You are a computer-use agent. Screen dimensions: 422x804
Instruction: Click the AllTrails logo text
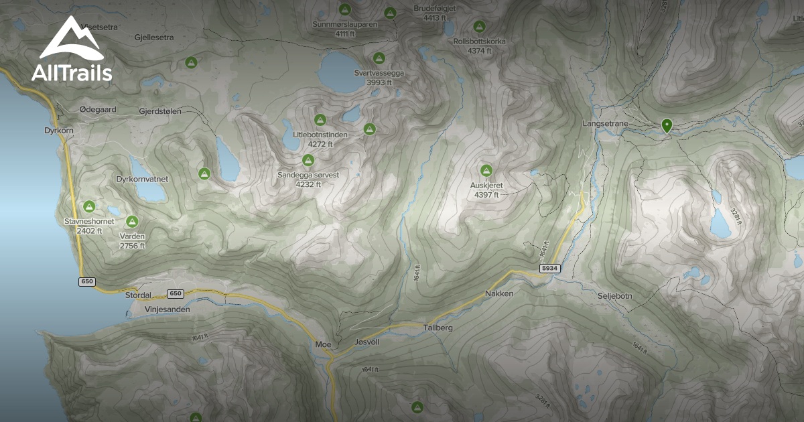tap(72, 72)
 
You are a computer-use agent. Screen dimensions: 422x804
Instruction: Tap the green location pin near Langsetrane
tap(667, 125)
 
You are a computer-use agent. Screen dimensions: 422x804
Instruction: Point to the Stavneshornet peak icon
tap(88, 207)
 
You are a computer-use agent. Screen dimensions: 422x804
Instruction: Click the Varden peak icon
tap(132, 221)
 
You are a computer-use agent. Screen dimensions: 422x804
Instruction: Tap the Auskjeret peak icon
tap(486, 170)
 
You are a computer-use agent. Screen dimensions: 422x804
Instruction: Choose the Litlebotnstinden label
tap(320, 134)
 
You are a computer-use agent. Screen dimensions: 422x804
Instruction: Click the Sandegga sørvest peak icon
tap(308, 160)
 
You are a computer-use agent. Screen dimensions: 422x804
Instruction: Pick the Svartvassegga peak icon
tap(379, 58)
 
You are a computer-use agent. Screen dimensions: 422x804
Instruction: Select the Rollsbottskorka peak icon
tap(479, 27)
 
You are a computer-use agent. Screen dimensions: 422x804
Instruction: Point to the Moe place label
tap(323, 344)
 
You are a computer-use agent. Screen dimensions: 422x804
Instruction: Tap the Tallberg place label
tap(438, 328)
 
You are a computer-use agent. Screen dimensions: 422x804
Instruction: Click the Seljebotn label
tap(614, 295)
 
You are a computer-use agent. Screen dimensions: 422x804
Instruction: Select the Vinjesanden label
tap(167, 309)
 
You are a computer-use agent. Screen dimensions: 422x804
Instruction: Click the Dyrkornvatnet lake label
tap(141, 180)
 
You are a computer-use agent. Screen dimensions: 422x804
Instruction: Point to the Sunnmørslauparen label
tap(345, 24)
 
